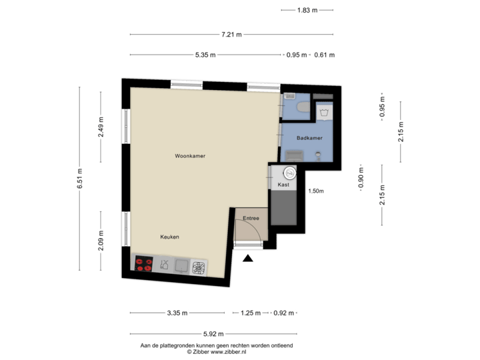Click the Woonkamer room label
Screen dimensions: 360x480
pyautogui.click(x=189, y=155)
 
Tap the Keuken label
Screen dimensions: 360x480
pyautogui.click(x=169, y=237)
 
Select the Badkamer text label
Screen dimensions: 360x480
pyautogui.click(x=310, y=138)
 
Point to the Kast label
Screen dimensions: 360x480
pyautogui.click(x=283, y=185)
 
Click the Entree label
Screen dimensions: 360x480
pyautogui.click(x=251, y=218)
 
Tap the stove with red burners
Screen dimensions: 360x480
pyautogui.click(x=143, y=265)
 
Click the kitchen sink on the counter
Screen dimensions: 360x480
pyautogui.click(x=163, y=265)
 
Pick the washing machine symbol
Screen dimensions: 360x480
pyautogui.click(x=324, y=111)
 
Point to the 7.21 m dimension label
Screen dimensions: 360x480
pyautogui.click(x=232, y=34)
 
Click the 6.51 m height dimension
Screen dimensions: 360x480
pyautogui.click(x=79, y=178)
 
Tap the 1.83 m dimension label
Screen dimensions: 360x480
pyautogui.click(x=307, y=10)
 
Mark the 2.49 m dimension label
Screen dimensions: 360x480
pyautogui.click(x=101, y=127)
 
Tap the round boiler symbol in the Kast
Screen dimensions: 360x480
pyautogui.click(x=289, y=171)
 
